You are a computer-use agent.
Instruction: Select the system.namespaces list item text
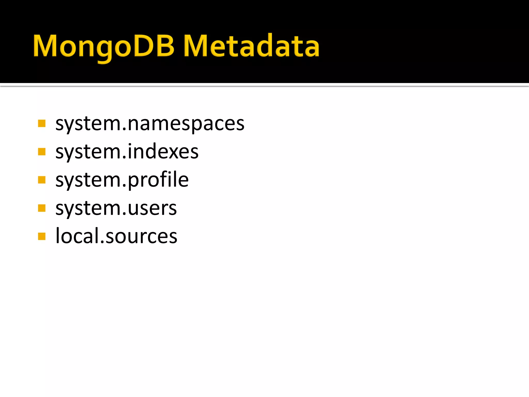tap(150, 124)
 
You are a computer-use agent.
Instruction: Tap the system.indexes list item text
tap(127, 152)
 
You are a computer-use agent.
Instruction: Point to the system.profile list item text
tap(122, 180)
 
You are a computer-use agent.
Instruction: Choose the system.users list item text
tap(116, 208)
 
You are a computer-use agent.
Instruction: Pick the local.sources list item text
tap(116, 236)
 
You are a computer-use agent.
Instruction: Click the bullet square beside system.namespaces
tap(42, 124)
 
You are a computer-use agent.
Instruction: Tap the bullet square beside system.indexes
tap(42, 152)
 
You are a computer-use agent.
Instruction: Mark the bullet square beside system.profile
tap(42, 180)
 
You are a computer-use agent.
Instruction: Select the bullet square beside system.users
tap(42, 208)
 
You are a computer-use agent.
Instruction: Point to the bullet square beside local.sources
tap(42, 236)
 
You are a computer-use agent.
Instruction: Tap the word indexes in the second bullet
tap(163, 152)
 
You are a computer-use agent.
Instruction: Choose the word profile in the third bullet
tap(158, 180)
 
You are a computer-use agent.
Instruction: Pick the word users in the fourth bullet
tap(152, 208)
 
